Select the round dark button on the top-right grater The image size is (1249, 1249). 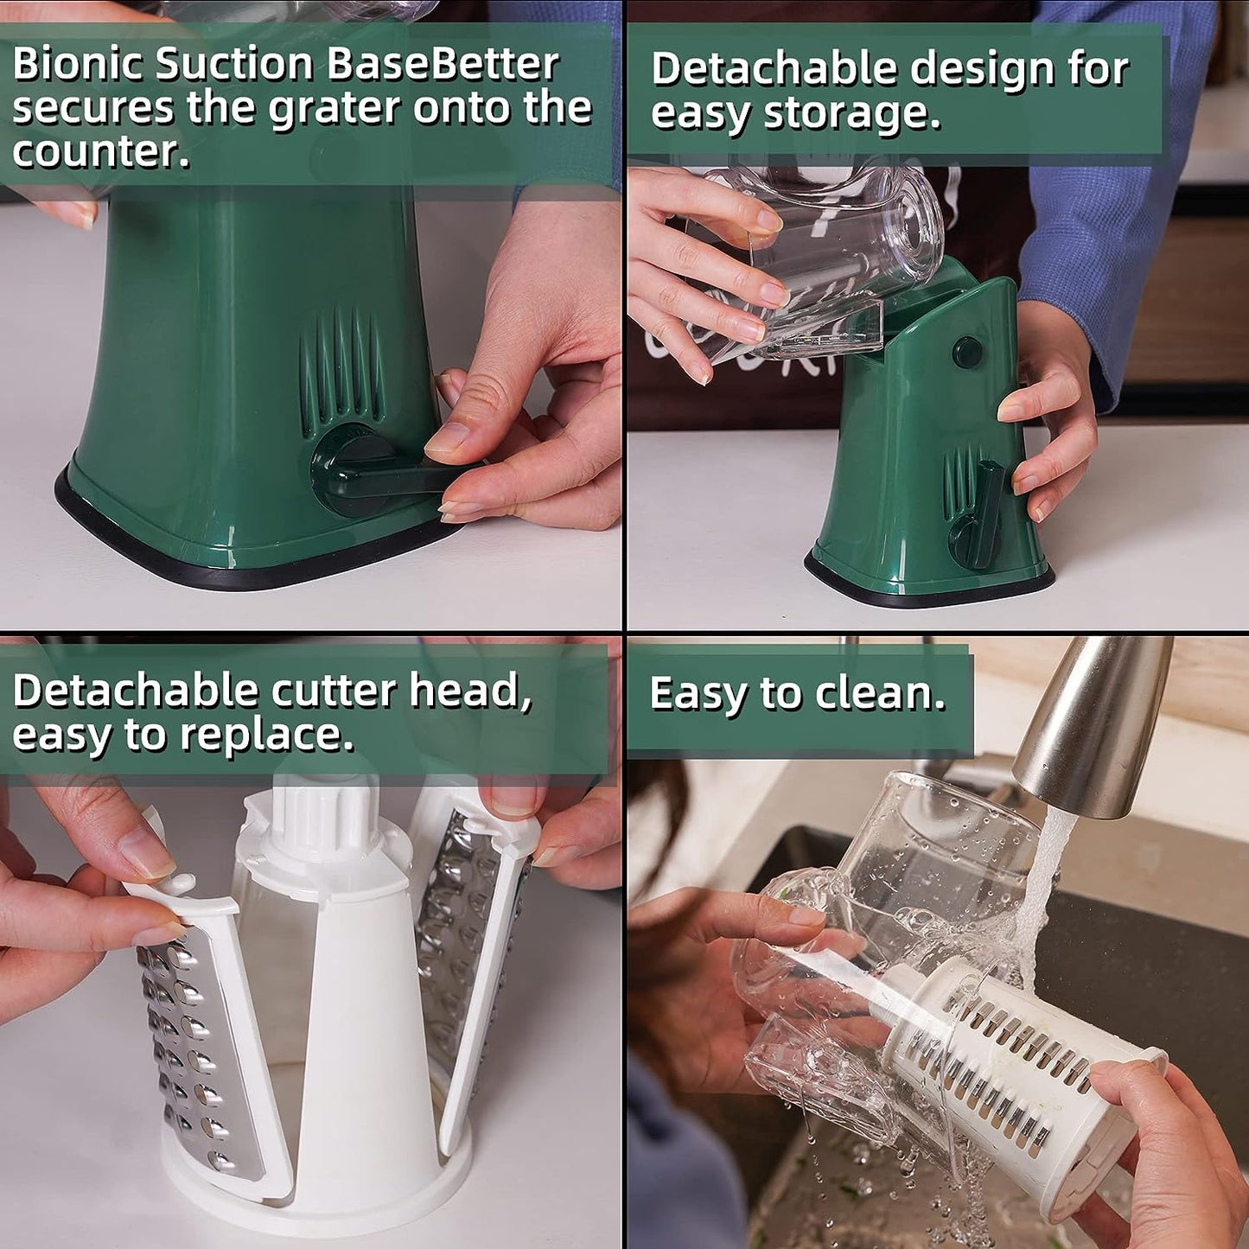(x=967, y=352)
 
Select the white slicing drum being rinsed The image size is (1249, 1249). (x=1020, y=1080)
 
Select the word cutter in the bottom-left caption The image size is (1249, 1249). (x=335, y=691)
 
